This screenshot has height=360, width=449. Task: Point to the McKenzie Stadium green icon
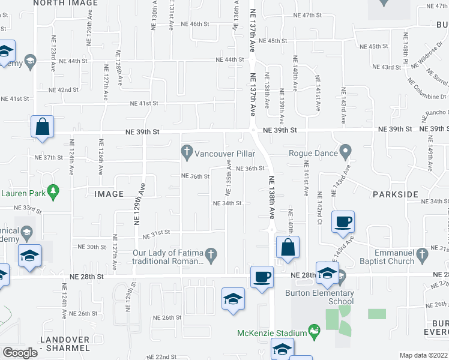[x=313, y=331]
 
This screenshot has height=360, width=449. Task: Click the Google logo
[x=20, y=353]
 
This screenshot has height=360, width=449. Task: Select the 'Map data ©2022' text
[x=423, y=355]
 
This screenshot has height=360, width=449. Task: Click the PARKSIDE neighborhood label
[x=394, y=194]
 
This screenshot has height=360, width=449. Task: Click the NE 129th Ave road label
[x=143, y=197]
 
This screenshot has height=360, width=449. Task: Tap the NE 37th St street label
[x=50, y=157]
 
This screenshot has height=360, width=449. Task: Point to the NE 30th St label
[x=92, y=247]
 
